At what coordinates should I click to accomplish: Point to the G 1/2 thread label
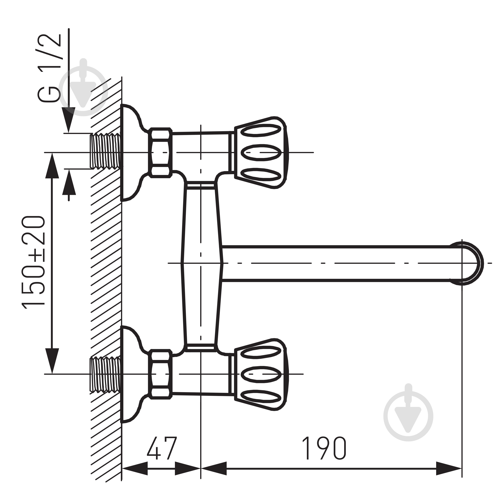point(49,68)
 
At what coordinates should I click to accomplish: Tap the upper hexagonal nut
point(160,153)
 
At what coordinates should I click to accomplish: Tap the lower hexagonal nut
point(160,374)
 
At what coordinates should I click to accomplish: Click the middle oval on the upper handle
point(261,153)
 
